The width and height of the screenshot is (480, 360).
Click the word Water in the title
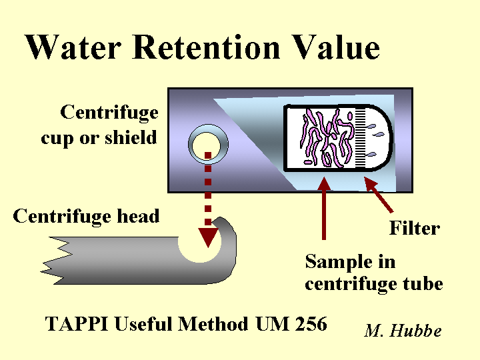[x=73, y=47]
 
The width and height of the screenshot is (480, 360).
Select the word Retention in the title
[x=206, y=47]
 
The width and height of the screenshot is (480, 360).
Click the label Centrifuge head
[x=86, y=217]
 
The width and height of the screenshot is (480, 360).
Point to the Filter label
[x=415, y=228]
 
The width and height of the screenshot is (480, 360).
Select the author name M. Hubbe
[x=403, y=330]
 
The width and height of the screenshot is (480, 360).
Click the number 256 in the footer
[x=311, y=323]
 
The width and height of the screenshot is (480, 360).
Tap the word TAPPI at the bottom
[x=77, y=323]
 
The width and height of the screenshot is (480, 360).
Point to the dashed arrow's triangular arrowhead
[x=208, y=237]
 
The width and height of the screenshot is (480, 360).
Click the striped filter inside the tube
[x=360, y=138]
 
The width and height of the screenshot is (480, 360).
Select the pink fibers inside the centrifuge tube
[x=327, y=139]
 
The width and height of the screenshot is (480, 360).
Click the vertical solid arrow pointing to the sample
[x=324, y=208]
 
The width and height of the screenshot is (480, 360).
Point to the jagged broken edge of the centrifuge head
[x=57, y=261]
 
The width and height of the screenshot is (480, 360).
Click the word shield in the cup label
[x=131, y=138]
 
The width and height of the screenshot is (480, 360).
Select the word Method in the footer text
[x=213, y=323]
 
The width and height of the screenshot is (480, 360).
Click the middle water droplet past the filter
[x=379, y=134]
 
